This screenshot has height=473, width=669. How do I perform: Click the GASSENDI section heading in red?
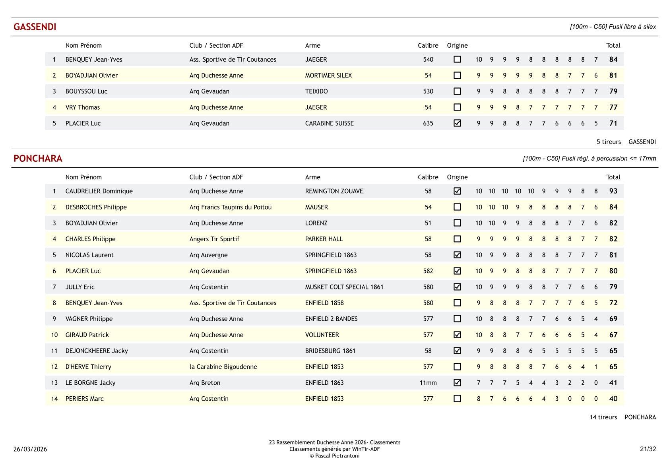click(35, 27)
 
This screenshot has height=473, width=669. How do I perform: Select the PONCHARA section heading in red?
click(38, 159)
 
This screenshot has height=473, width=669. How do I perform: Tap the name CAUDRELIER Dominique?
click(99, 191)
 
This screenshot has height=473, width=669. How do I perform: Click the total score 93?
click(613, 191)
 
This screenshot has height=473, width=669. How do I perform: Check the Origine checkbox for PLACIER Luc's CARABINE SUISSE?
click(457, 123)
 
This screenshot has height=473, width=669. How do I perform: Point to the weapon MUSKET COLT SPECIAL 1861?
click(344, 287)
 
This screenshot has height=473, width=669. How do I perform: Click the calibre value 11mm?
click(428, 383)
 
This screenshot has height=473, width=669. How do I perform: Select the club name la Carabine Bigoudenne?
click(223, 367)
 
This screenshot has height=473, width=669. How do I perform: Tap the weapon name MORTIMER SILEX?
click(328, 76)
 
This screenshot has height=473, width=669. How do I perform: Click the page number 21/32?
click(648, 449)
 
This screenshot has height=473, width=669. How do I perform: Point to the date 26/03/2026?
click(30, 449)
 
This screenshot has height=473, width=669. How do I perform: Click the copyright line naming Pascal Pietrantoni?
click(334, 456)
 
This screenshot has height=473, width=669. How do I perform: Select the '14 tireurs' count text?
click(603, 417)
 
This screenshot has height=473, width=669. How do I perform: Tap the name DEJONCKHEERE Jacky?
click(97, 351)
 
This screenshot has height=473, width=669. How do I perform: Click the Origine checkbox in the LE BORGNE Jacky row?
click(457, 383)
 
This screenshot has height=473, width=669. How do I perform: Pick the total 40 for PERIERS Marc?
click(613, 399)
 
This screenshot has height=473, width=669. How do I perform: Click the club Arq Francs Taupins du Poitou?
click(231, 207)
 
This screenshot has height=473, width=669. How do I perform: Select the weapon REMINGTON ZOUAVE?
click(334, 191)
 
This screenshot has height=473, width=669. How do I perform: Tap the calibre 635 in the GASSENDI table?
click(428, 123)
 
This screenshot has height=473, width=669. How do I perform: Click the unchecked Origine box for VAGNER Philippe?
click(457, 319)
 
